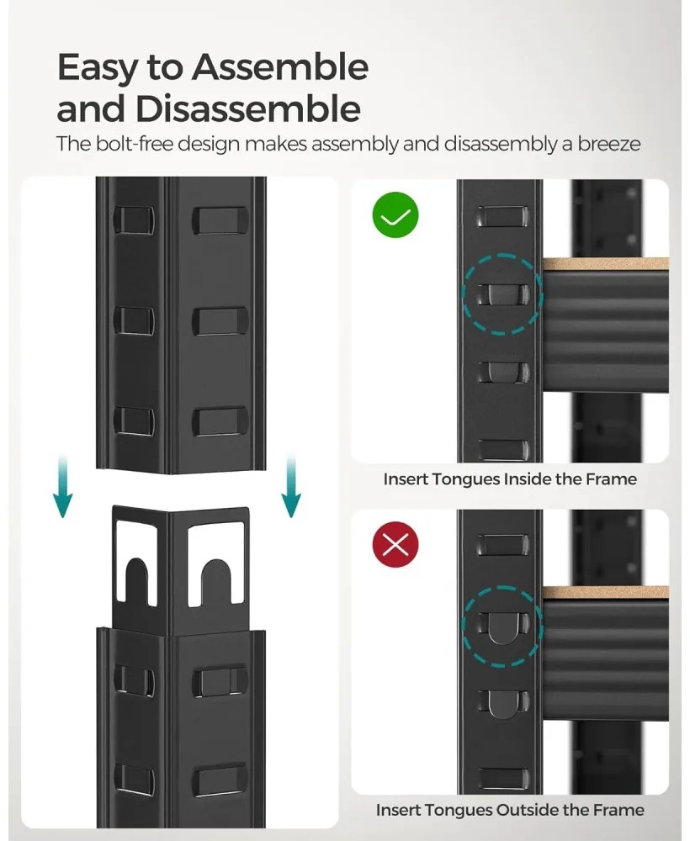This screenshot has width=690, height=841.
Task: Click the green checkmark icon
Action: tap(395, 217)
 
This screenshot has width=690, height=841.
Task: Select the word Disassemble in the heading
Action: tap(248, 109)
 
